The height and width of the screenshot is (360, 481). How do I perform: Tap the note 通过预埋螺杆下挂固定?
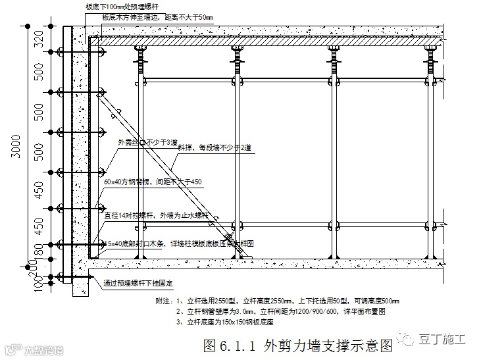(x=139, y=284)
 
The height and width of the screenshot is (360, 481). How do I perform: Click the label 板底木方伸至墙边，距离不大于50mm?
(x=158, y=17)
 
